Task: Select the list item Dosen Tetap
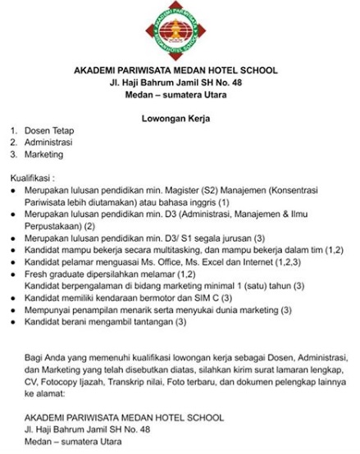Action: tap(49, 129)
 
